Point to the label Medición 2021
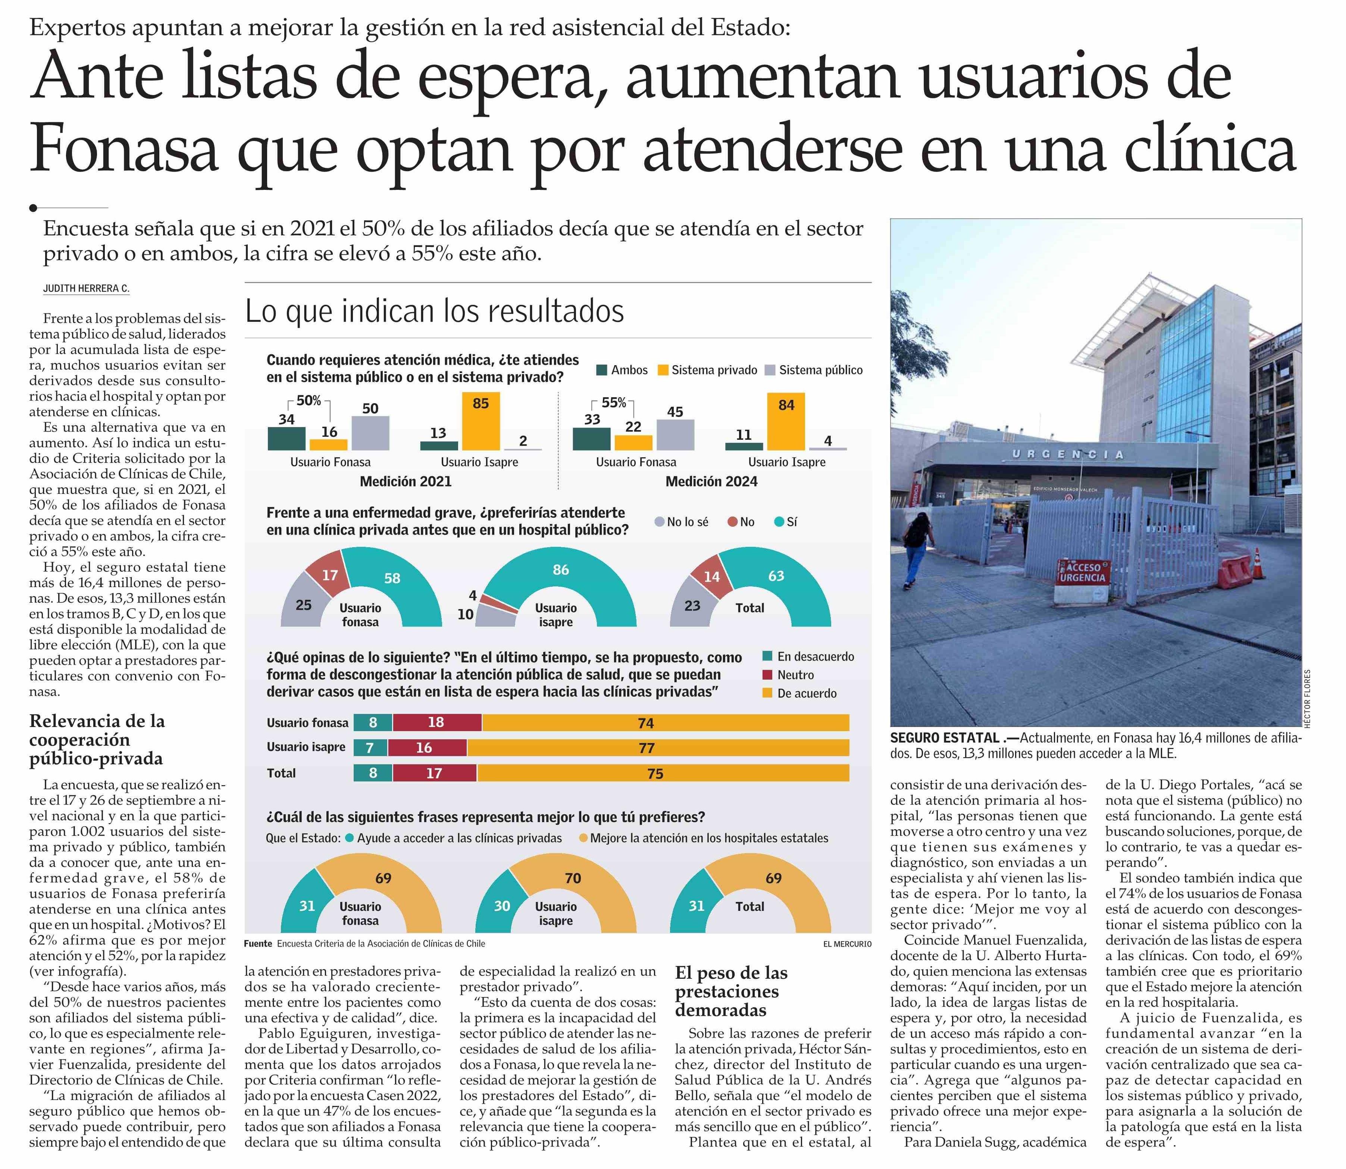pos(405,482)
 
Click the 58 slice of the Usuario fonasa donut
pos(398,581)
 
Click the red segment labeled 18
pos(436,722)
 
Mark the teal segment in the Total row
pos(373,773)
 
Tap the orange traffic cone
pos(1257,564)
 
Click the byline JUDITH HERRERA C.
pos(86,288)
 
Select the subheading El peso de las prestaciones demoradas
pos(731,991)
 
